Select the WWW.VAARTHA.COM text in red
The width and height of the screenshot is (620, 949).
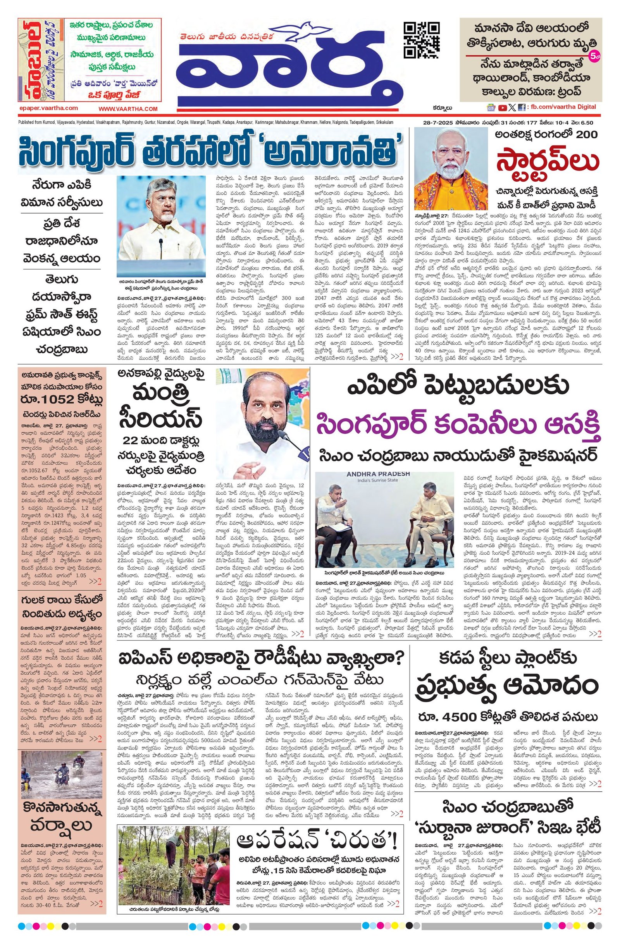tap(129, 108)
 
